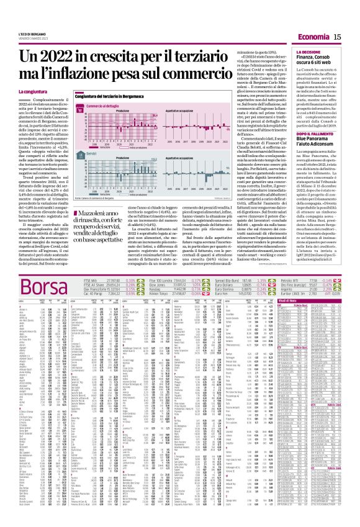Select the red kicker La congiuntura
(19, 91)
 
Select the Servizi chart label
(92, 153)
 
